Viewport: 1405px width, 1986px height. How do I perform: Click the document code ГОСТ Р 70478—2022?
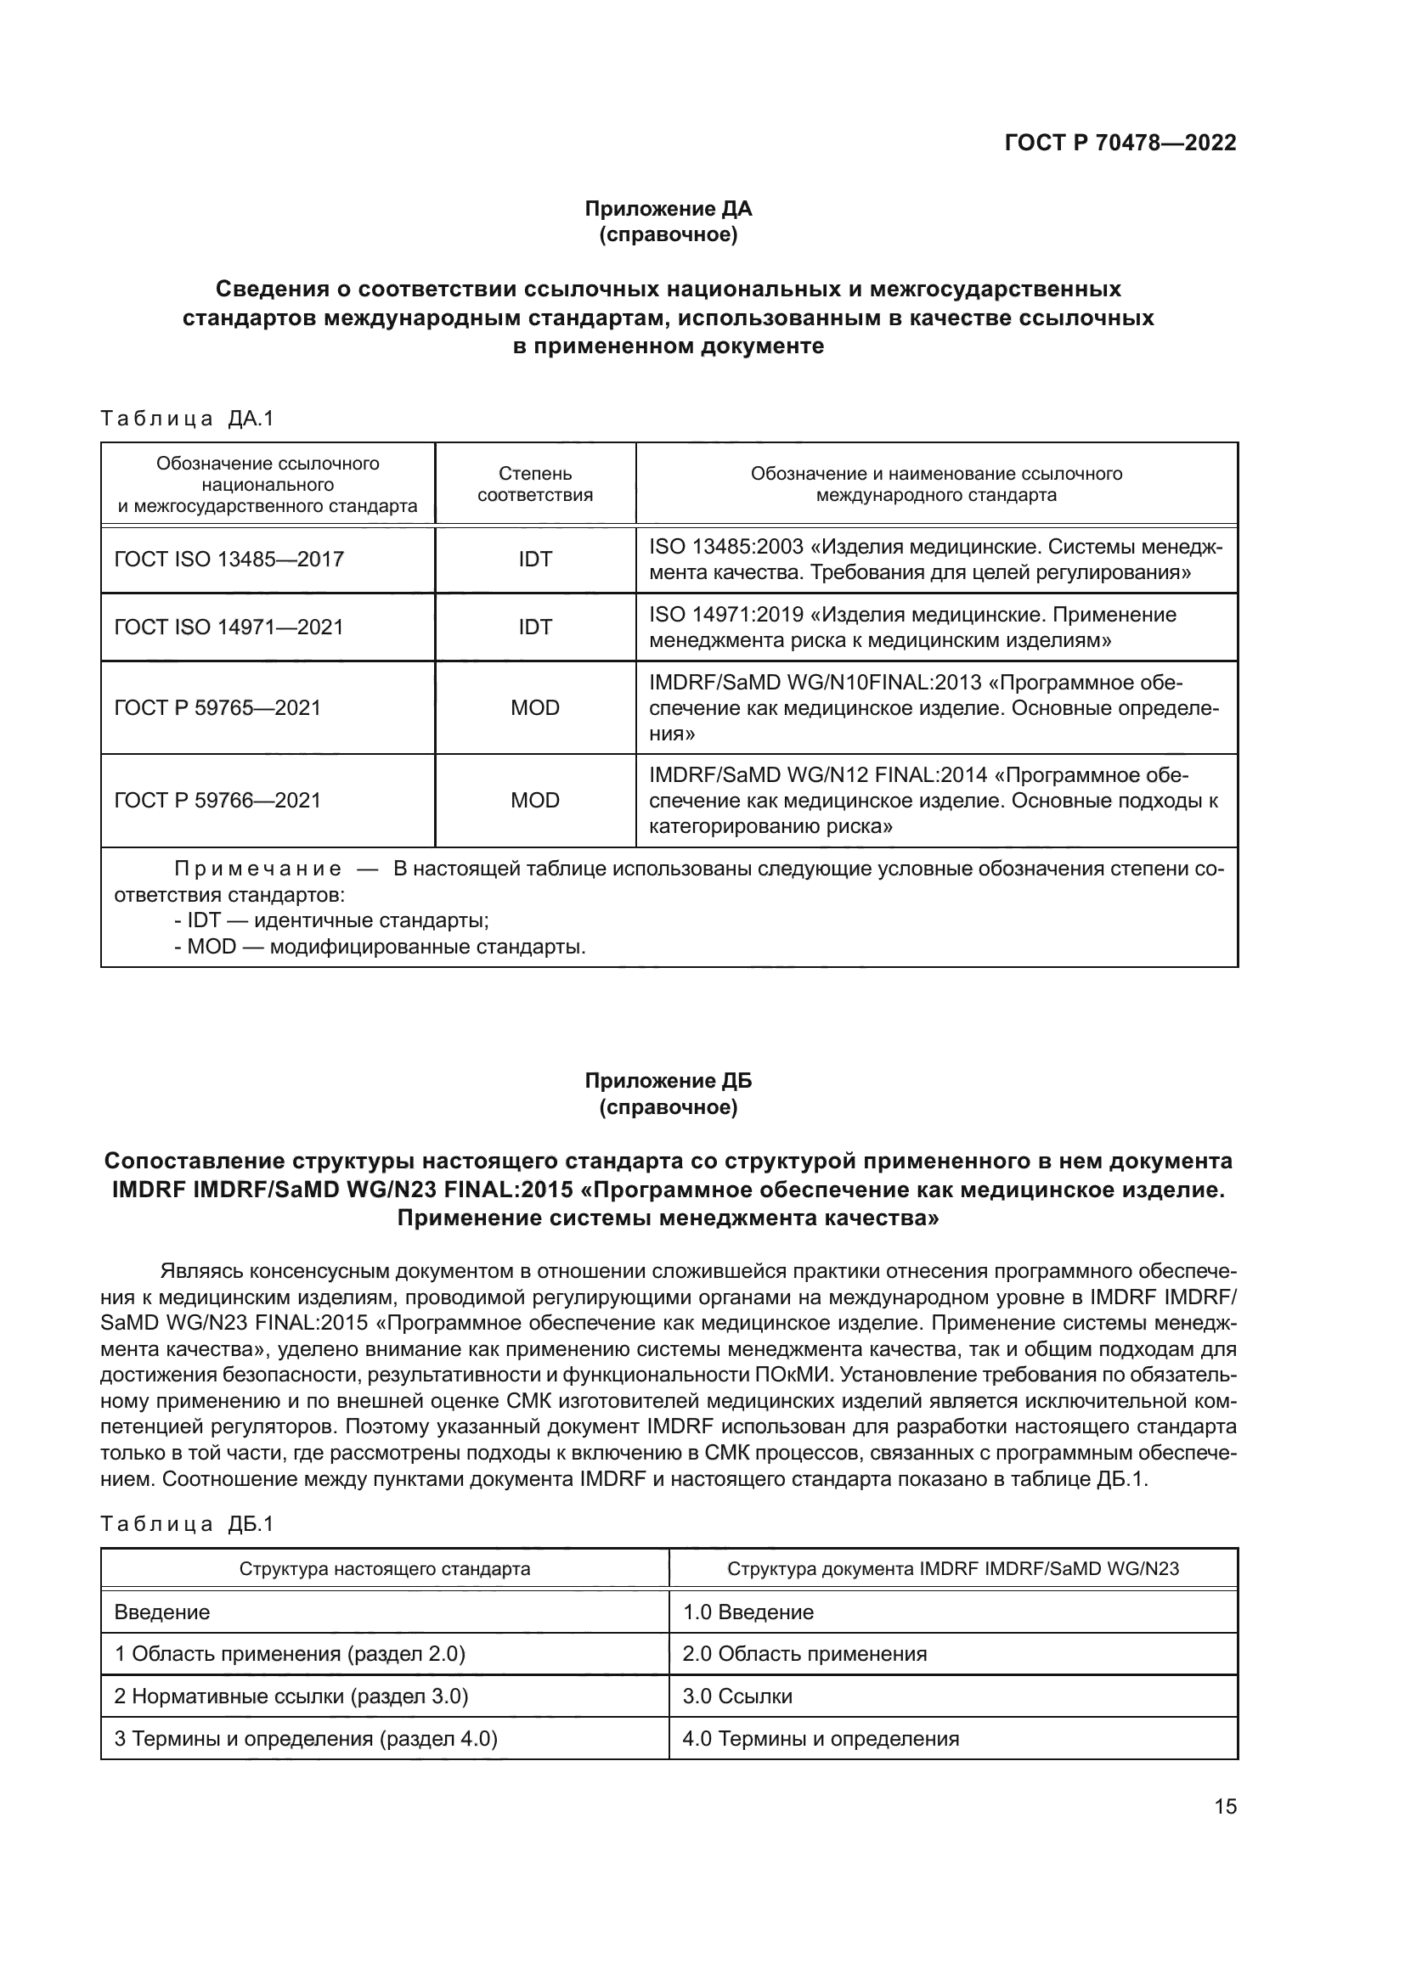click(x=1120, y=143)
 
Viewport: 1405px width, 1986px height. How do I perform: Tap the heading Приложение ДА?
click(x=668, y=209)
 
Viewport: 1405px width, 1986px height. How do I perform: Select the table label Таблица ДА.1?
click(x=187, y=419)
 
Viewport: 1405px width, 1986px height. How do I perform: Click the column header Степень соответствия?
click(x=534, y=484)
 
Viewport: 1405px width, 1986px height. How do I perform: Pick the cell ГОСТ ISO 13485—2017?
click(x=229, y=560)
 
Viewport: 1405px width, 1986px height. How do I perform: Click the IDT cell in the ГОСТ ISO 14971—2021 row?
click(x=534, y=627)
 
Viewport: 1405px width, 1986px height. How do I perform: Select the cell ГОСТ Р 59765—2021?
click(x=217, y=708)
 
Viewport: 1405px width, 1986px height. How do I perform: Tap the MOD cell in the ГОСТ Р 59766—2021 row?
click(x=534, y=801)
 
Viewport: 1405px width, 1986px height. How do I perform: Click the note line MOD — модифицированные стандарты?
click(x=381, y=946)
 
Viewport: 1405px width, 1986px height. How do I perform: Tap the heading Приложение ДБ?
click(x=668, y=1081)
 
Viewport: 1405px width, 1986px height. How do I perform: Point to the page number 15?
click(x=1225, y=1807)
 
